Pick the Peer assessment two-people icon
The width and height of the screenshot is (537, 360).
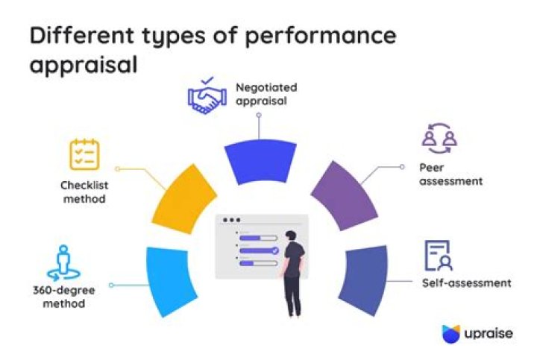pyautogui.click(x=439, y=138)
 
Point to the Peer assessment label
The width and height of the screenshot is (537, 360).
pyautogui.click(x=450, y=174)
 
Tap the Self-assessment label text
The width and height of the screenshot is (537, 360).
pyautogui.click(x=466, y=283)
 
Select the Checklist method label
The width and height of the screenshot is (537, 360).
pyautogui.click(x=84, y=193)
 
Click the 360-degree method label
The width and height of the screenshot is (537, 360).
pyautogui.click(x=63, y=297)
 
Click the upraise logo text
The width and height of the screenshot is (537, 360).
pyautogui.click(x=489, y=332)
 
